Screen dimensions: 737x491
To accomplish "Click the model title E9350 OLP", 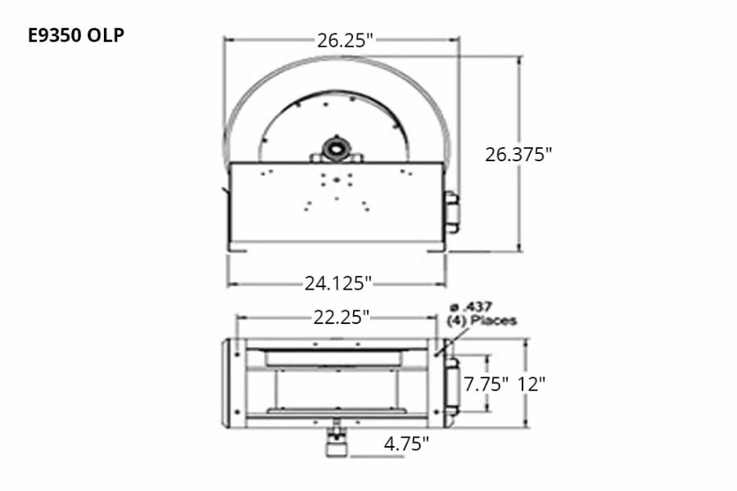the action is tap(76, 35).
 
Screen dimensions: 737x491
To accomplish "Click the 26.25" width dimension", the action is tap(345, 40).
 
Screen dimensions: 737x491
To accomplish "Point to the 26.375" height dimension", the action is tap(518, 154).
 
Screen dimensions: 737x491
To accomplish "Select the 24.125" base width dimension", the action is tap(338, 283).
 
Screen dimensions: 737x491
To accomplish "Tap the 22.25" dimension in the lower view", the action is tap(341, 318).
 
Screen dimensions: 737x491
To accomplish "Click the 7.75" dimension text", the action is tap(486, 385).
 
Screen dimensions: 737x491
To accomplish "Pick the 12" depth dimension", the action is tap(531, 385).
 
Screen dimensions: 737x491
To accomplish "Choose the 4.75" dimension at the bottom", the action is tap(406, 443).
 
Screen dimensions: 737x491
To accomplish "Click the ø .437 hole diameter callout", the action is tap(472, 308).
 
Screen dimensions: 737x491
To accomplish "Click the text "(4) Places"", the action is tap(482, 321).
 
